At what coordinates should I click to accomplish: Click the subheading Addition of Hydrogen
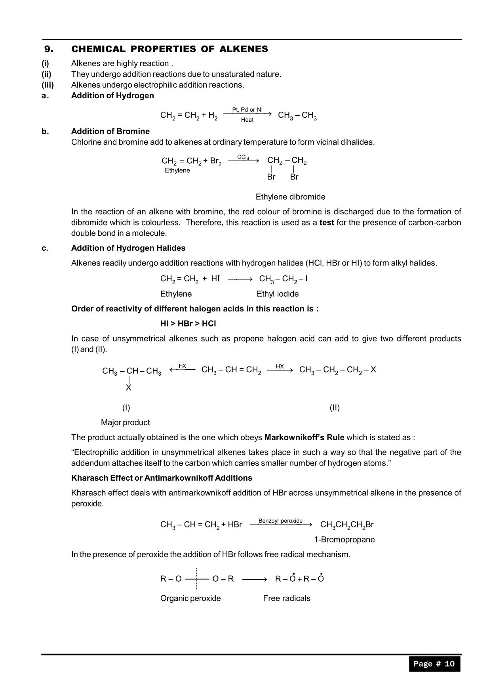[112, 95]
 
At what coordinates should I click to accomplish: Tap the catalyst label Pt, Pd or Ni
[247, 109]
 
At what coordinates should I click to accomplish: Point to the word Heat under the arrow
[247, 120]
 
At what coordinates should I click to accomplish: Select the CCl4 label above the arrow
[243, 157]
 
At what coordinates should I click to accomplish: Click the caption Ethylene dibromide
[290, 197]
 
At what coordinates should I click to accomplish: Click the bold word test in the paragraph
[327, 222]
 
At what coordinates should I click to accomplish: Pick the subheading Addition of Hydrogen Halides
[128, 248]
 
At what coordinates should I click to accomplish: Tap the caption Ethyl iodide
[278, 294]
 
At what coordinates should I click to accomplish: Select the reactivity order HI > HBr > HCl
[188, 324]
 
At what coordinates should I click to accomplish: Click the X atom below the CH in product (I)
[128, 388]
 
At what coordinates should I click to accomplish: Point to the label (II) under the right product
[335, 408]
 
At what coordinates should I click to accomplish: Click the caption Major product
[125, 422]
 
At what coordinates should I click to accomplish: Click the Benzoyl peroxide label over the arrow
[280, 521]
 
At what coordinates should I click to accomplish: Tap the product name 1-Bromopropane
[344, 540]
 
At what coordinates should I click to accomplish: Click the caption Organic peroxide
[190, 598]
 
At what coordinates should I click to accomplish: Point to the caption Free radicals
[287, 598]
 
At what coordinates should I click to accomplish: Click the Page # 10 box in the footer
[434, 664]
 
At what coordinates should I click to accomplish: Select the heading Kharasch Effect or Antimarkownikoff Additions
[162, 478]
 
